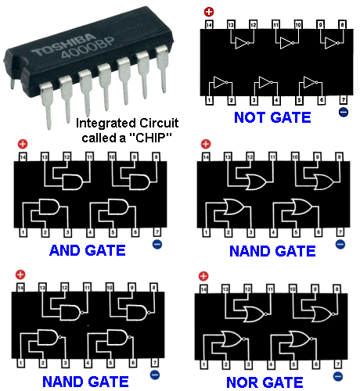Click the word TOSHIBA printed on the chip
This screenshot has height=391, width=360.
coord(63,45)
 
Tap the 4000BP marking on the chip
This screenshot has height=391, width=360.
coord(88,48)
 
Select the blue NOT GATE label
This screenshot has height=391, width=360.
coord(272,117)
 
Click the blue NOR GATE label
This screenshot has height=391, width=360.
coord(265,382)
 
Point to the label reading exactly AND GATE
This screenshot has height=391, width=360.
coord(88,250)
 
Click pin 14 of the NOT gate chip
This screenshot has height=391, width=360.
coord(209,25)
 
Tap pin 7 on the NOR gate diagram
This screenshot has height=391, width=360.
coord(338,364)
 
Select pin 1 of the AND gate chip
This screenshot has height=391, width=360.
coord(23,232)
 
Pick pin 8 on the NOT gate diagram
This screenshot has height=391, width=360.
coord(343,24)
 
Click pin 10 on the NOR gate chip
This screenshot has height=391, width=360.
coord(293,289)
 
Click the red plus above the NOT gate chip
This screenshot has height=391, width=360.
coord(209,12)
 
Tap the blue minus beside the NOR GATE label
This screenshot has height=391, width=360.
coord(338,376)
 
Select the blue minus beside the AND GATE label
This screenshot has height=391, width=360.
coord(157,244)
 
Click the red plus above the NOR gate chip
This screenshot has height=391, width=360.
coord(203,276)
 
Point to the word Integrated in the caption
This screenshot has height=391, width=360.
coord(106,124)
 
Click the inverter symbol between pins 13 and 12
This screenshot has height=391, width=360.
coord(242,43)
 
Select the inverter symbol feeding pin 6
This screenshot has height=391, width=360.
coord(311,82)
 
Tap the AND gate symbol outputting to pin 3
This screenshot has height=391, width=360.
coord(49,207)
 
